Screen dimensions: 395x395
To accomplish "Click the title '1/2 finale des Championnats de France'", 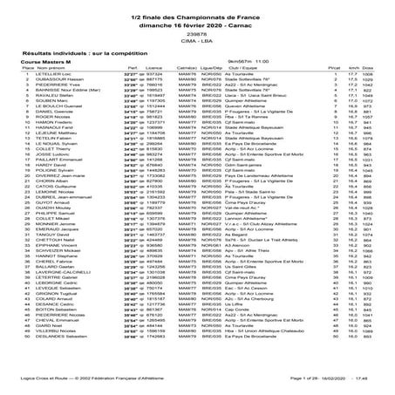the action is point(196,10).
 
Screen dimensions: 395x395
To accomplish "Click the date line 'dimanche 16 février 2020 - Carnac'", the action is point(196,19).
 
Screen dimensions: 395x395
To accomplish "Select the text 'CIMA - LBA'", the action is point(196,40).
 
